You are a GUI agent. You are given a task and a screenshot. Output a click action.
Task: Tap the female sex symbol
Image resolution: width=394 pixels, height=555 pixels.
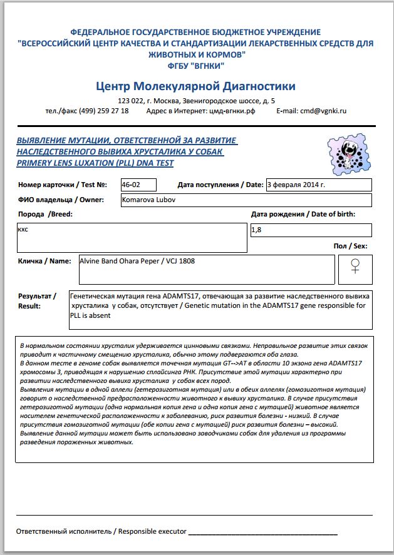point(355,267)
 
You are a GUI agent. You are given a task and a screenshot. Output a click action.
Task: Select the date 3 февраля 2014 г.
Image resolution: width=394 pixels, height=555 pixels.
point(296,185)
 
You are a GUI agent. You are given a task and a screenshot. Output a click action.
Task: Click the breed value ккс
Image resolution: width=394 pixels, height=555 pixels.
point(23,230)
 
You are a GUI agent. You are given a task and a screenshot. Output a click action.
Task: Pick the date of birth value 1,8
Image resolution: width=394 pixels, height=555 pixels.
point(256,230)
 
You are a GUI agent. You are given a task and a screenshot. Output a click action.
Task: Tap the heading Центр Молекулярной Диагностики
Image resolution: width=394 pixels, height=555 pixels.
point(196,86)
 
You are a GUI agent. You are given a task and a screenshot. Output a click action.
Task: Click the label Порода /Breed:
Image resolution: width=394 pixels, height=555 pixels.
point(45,215)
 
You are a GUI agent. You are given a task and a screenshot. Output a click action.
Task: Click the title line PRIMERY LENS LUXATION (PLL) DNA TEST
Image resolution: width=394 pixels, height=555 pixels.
point(95,163)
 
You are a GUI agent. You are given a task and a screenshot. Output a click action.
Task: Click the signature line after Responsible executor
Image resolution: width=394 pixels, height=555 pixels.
point(262,533)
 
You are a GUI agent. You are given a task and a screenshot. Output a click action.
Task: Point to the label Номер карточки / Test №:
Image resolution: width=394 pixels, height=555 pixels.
point(63,185)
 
